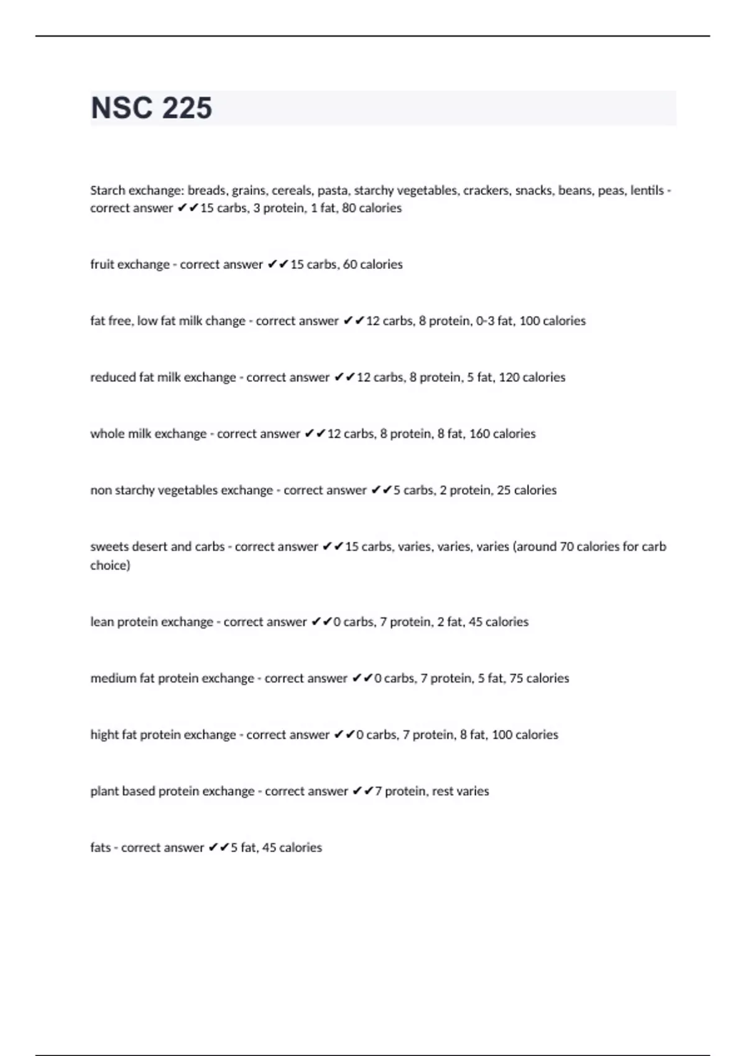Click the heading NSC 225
click(151, 108)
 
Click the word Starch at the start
click(108, 191)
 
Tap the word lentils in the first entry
click(647, 191)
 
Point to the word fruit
click(102, 265)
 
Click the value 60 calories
click(372, 265)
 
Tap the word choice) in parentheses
click(110, 565)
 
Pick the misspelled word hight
click(104, 735)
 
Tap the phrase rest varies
click(460, 791)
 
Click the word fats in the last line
click(100, 848)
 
